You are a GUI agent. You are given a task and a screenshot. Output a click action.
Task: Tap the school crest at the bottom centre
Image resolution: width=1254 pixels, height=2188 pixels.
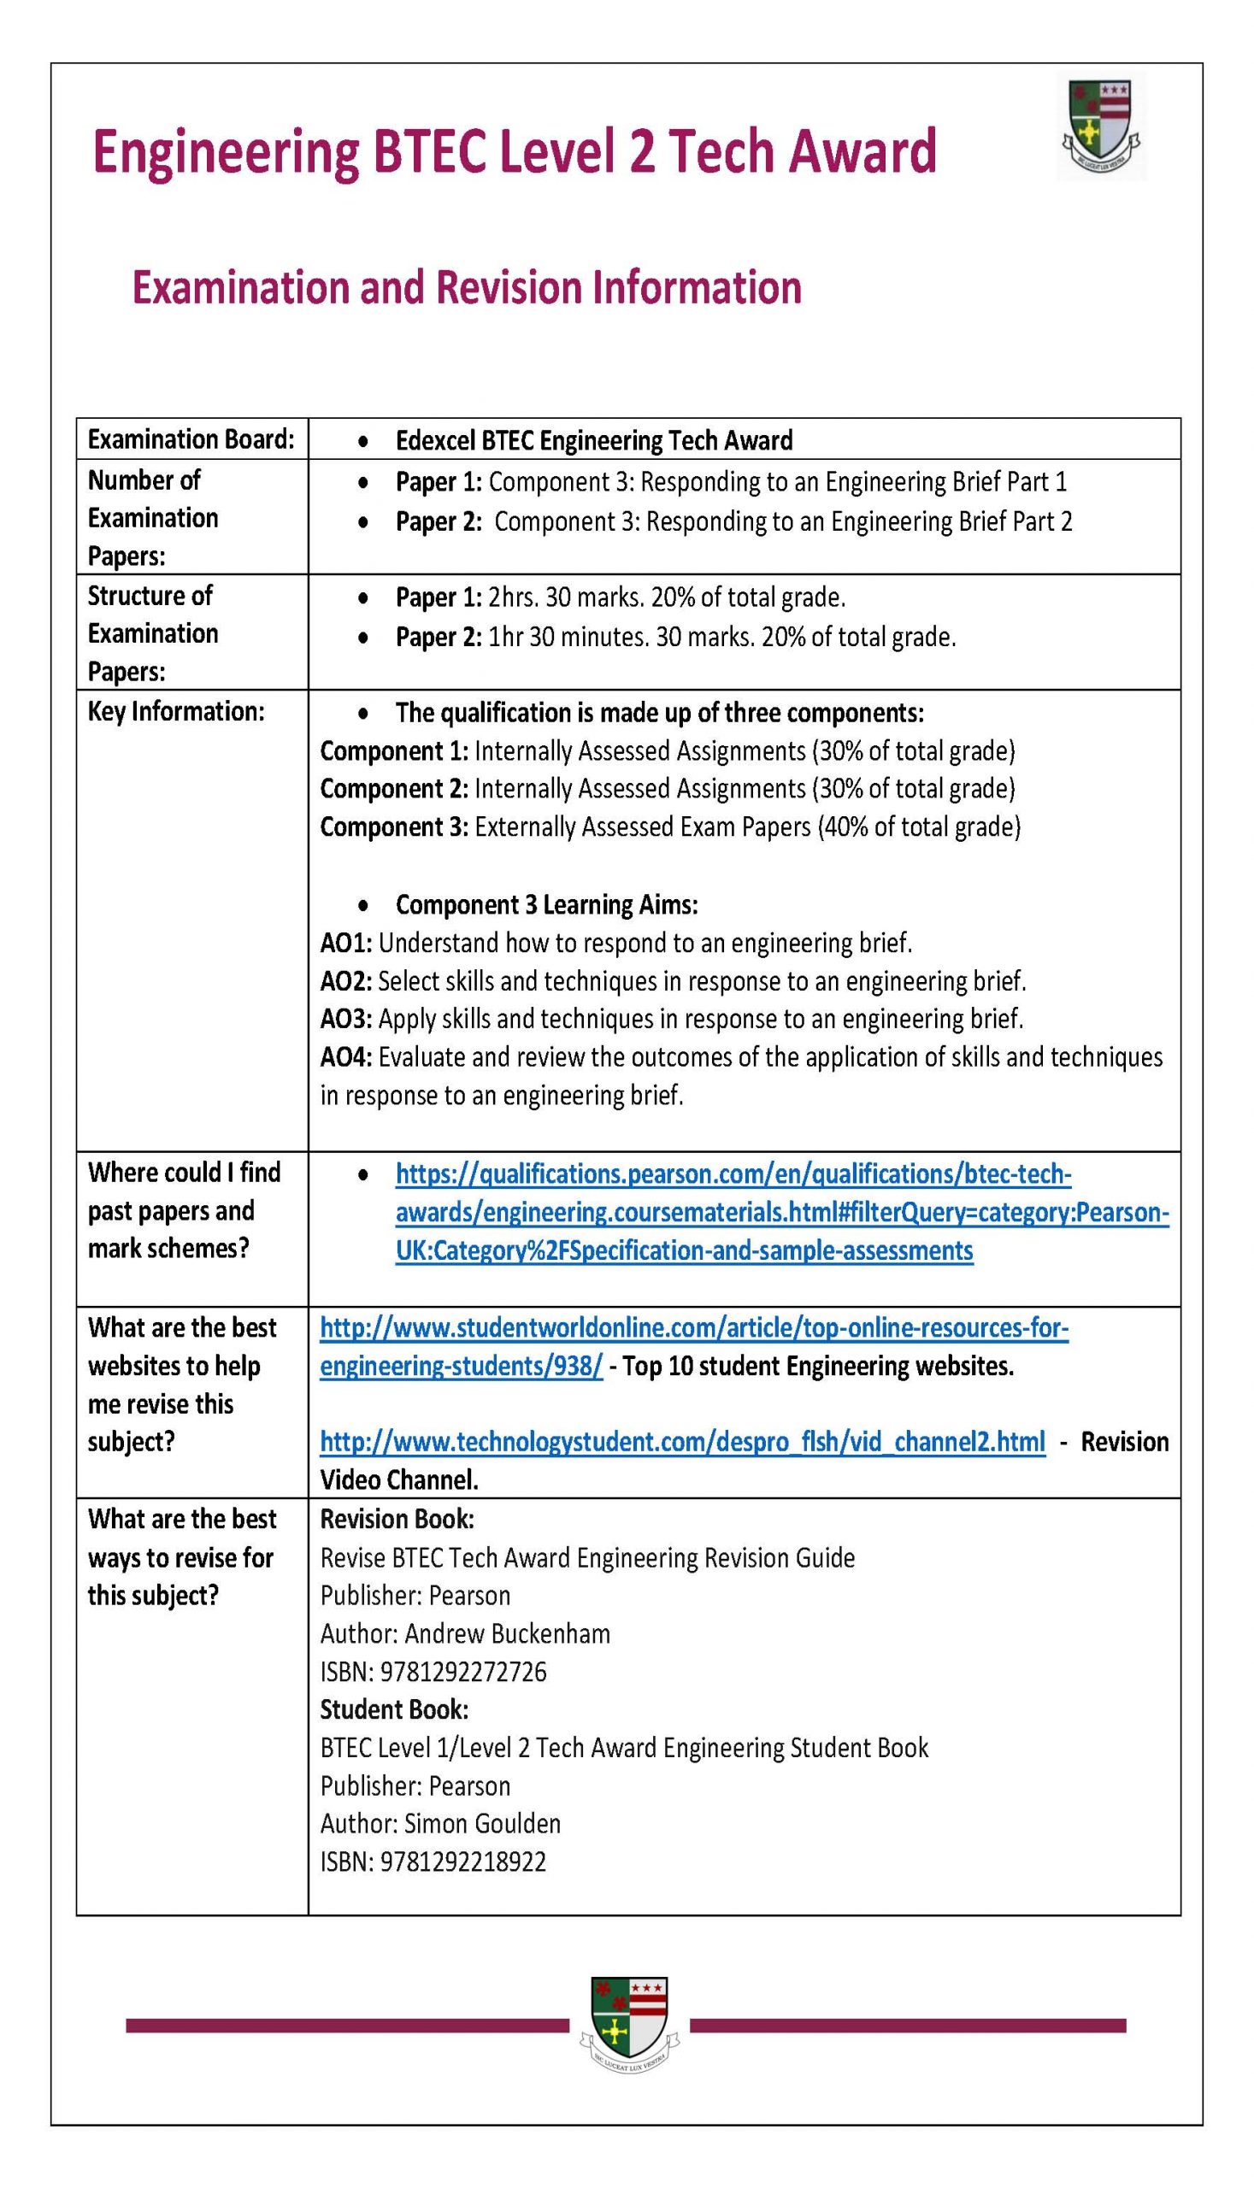point(629,2026)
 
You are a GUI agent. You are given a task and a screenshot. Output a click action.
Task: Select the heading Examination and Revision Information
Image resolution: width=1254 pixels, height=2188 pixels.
point(466,287)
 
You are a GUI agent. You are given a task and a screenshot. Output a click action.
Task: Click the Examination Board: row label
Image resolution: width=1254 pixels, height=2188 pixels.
point(191,440)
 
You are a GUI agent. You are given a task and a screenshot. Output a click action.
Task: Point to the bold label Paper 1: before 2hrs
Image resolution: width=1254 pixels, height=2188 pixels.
point(439,597)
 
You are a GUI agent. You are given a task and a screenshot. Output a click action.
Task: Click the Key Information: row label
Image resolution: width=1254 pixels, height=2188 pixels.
point(176,711)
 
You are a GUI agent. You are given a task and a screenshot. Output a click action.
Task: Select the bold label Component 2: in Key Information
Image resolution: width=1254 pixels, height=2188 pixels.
point(393,789)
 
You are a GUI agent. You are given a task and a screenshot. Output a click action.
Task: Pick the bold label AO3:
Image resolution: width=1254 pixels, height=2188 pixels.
point(345,1019)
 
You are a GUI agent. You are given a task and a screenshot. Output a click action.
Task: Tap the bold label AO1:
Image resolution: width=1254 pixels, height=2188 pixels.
point(345,943)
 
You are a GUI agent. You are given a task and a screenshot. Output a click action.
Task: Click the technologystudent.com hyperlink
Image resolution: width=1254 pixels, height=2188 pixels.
point(682,1442)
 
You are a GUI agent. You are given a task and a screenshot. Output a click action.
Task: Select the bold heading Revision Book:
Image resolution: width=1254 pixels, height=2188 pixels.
point(397,1519)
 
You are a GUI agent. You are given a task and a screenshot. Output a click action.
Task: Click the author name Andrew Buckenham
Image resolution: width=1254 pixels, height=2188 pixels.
point(506,1633)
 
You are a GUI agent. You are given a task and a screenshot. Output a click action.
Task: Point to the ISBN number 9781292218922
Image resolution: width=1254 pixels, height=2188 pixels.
point(462,1862)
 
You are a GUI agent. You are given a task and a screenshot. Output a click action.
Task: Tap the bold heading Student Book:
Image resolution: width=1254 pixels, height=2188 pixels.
point(393,1709)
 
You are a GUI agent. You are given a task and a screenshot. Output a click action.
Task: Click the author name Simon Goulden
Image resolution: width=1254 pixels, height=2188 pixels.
point(481,1824)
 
